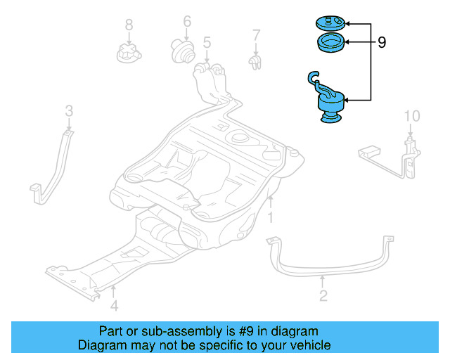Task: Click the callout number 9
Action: (382, 43)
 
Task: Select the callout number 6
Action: (187, 21)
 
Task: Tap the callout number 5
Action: (207, 43)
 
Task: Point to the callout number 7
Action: (257, 34)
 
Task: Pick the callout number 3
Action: (69, 110)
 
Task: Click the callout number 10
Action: (411, 115)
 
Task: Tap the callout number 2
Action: (323, 296)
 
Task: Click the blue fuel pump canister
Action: (328, 105)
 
